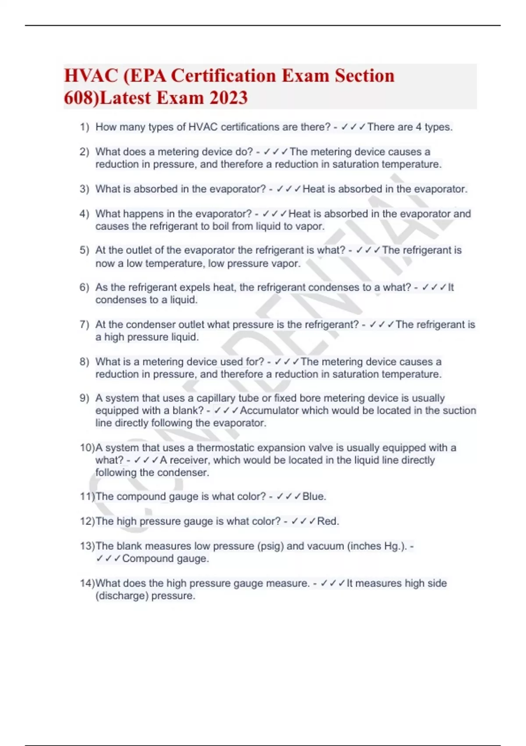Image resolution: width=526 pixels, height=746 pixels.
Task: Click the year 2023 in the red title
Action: click(x=228, y=97)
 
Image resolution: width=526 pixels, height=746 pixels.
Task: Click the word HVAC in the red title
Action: click(x=91, y=75)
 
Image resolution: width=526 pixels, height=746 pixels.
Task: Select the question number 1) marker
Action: click(x=84, y=127)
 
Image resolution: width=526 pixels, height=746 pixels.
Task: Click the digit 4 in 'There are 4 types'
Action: click(x=419, y=127)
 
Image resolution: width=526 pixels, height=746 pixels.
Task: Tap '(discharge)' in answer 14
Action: click(x=118, y=596)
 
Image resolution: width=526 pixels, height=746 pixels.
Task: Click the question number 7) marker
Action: click(x=84, y=325)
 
